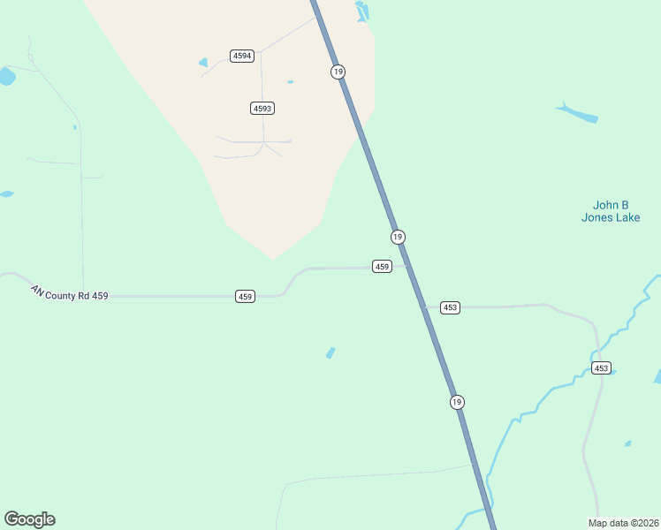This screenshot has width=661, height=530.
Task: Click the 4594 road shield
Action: pos(242,56)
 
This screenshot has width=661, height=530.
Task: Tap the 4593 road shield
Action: pos(262,108)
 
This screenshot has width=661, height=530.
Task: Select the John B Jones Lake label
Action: pos(610,211)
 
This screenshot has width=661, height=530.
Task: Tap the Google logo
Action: pos(29,519)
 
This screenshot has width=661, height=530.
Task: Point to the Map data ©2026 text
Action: pos(623,522)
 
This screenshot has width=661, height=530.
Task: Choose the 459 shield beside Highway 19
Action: pos(382,266)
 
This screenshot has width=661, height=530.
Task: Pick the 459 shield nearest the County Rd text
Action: pos(246,296)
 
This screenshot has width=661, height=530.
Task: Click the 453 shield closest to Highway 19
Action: pos(450,307)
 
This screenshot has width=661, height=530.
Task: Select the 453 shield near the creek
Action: pos(601,367)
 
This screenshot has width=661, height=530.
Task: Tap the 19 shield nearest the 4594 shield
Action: pos(338,72)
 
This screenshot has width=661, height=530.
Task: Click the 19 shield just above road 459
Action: pos(398,237)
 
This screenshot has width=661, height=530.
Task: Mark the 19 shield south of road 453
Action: pos(456,402)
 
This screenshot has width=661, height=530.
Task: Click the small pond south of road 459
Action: pos(330,353)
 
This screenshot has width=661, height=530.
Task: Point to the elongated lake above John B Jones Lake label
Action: pos(578,113)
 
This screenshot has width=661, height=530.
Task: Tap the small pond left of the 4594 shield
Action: pos(204,63)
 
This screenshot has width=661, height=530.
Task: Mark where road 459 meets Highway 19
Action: pos(407,265)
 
